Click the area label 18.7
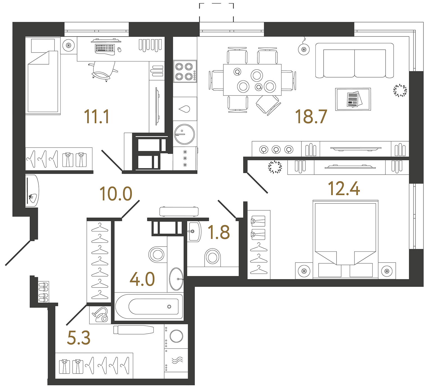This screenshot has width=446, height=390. point(311,117)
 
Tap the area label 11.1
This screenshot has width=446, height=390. point(97,117)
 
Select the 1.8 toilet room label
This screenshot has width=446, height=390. point(219,232)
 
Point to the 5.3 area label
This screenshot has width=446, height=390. point(79,338)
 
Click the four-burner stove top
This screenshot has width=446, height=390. point(185,71)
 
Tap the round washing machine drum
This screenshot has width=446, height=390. point(176,336)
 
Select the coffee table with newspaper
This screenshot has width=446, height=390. point(353,99)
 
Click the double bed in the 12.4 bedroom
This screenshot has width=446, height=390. point(346,239)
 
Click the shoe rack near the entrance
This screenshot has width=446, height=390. point(44,292)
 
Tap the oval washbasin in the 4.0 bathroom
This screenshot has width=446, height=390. point(176,279)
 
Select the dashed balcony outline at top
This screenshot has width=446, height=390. point(216,11)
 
